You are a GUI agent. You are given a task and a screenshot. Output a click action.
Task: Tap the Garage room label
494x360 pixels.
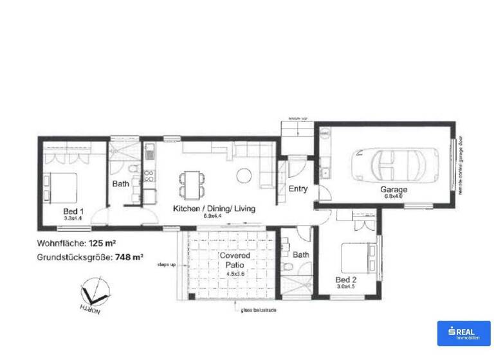[x=394, y=190]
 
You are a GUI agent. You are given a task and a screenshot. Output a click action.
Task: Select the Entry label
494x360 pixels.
[x=298, y=189]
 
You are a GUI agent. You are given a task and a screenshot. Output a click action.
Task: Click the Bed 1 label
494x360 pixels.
[x=73, y=212]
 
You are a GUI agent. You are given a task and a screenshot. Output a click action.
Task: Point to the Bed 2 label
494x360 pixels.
[x=346, y=280]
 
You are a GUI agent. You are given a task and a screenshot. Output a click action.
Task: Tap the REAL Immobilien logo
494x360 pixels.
[x=463, y=333]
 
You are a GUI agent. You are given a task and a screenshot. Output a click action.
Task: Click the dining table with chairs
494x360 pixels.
[x=190, y=183]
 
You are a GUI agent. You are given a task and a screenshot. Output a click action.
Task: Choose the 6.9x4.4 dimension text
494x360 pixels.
[x=212, y=216]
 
